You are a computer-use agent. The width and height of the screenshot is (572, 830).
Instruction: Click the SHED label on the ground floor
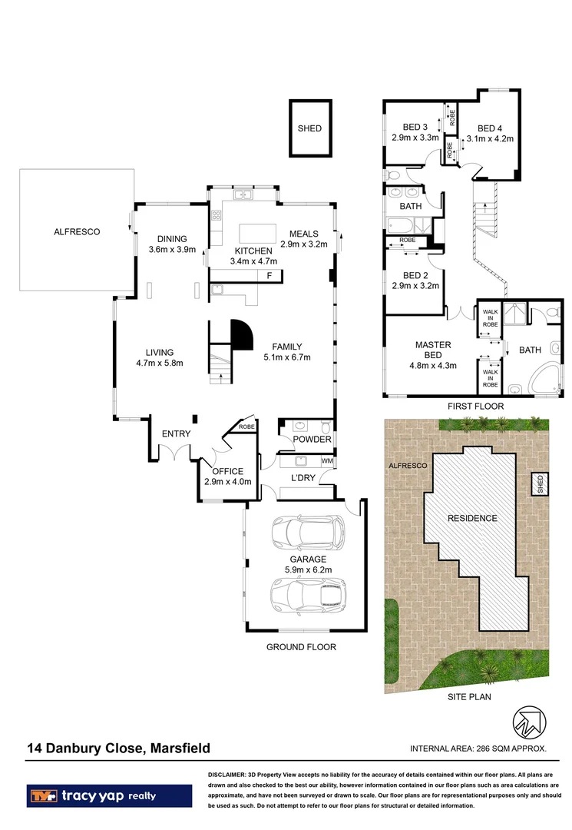(x=309, y=128)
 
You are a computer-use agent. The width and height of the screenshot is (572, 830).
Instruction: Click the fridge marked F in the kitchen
(x=269, y=275)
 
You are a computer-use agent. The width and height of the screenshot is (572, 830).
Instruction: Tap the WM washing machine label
(x=327, y=461)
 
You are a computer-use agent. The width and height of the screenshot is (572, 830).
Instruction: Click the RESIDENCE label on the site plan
(x=472, y=518)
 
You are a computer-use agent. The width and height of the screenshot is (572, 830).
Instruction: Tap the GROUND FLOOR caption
(x=301, y=647)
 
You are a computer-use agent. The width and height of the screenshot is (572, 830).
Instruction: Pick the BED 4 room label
(x=490, y=128)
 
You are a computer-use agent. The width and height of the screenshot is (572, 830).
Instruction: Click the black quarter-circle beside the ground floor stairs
(x=242, y=335)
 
